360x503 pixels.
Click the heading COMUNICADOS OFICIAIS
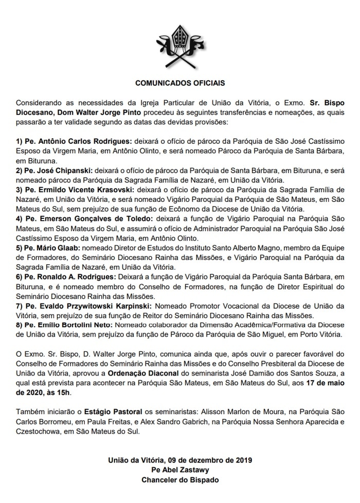(179, 82)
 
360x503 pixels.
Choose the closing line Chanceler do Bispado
(179, 480)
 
